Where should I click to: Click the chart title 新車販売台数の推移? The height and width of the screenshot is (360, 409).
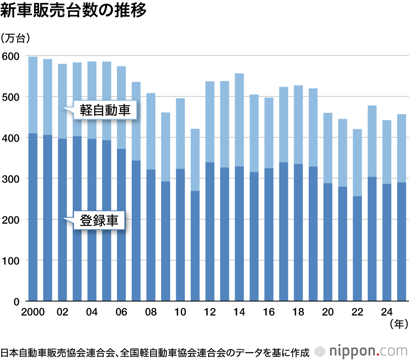[73, 11]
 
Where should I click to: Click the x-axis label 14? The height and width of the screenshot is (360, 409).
[239, 312]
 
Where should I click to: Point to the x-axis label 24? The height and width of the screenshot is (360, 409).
[387, 312]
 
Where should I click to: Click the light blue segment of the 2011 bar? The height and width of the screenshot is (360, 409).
[195, 160]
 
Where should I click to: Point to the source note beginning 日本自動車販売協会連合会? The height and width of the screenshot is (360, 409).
[155, 352]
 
